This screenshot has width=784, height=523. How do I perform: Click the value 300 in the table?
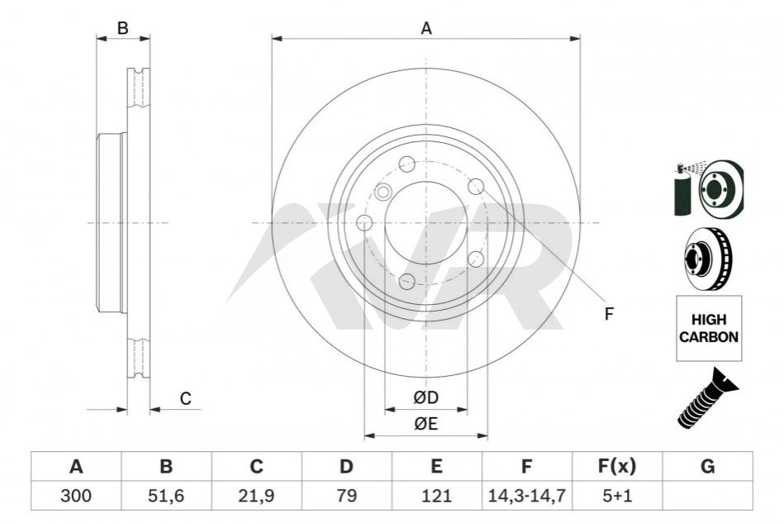tap(76, 496)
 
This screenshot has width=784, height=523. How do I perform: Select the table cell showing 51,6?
tap(166, 496)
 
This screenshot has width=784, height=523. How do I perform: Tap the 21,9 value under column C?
tap(256, 496)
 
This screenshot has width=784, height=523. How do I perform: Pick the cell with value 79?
tap(346, 496)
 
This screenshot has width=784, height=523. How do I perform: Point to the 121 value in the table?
tap(436, 496)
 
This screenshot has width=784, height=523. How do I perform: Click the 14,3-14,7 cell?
tap(526, 496)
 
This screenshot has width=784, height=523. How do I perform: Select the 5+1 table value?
tap(617, 496)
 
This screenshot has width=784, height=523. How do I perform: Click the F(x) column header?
tap(617, 467)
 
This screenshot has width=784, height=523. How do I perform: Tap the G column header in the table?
tap(707, 467)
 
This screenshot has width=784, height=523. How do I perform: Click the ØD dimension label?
tap(426, 397)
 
